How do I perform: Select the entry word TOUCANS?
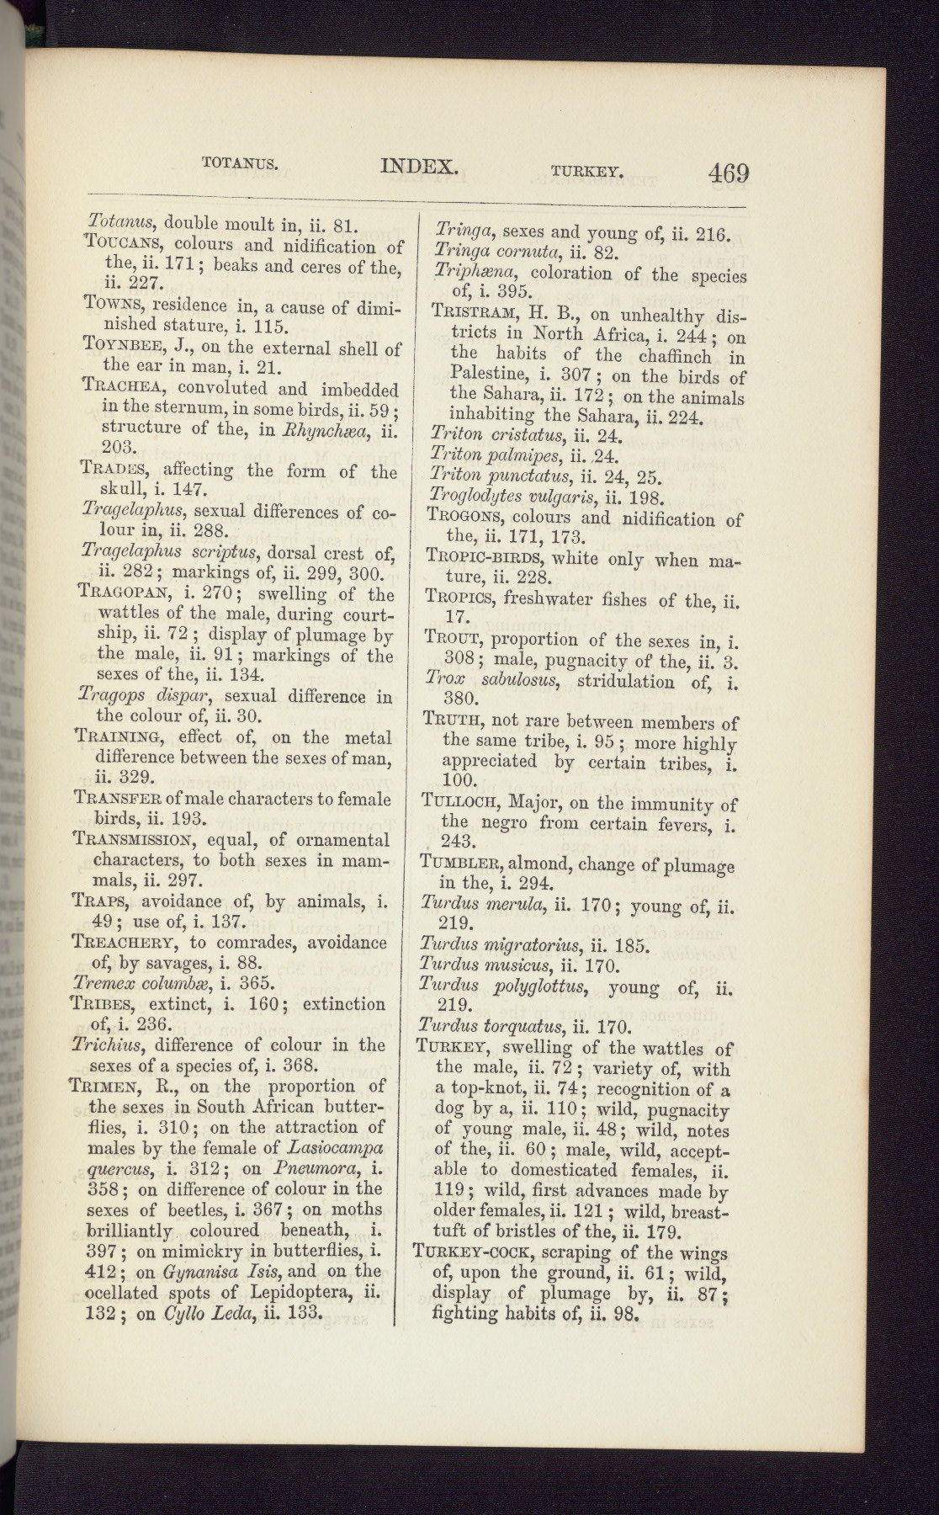125,245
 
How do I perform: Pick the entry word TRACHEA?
124,388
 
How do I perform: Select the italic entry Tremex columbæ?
139,982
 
